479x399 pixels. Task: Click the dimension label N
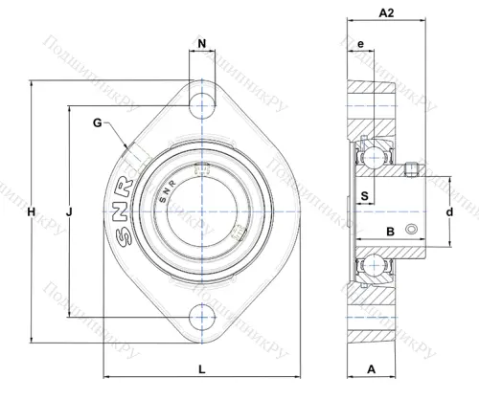coord(201,44)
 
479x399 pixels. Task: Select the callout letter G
coord(98,122)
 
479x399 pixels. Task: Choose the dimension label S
coord(364,197)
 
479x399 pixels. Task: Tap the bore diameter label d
coord(448,211)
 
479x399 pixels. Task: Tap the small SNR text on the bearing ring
coord(164,189)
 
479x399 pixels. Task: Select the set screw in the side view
coord(410,170)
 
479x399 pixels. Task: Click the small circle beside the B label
coord(412,230)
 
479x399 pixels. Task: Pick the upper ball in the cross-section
coord(367,154)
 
